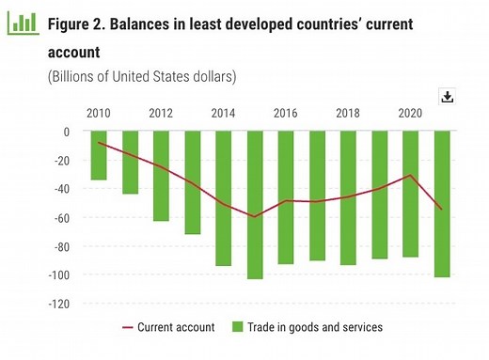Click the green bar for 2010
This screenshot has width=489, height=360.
pyautogui.click(x=98, y=155)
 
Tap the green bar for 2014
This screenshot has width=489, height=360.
pyautogui.click(x=223, y=198)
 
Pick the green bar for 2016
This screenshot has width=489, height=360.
pyautogui.click(x=286, y=197)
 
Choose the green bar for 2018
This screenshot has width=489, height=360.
pyautogui.click(x=348, y=198)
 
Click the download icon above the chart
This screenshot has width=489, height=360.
pyautogui.click(x=447, y=97)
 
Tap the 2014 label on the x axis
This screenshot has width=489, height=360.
pyautogui.click(x=223, y=112)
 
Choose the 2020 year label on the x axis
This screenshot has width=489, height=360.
pyautogui.click(x=410, y=112)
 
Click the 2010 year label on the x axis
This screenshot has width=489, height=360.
pyautogui.click(x=98, y=112)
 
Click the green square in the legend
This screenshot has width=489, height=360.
pyautogui.click(x=238, y=328)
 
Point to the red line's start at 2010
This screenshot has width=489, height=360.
pyautogui.click(x=98, y=142)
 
